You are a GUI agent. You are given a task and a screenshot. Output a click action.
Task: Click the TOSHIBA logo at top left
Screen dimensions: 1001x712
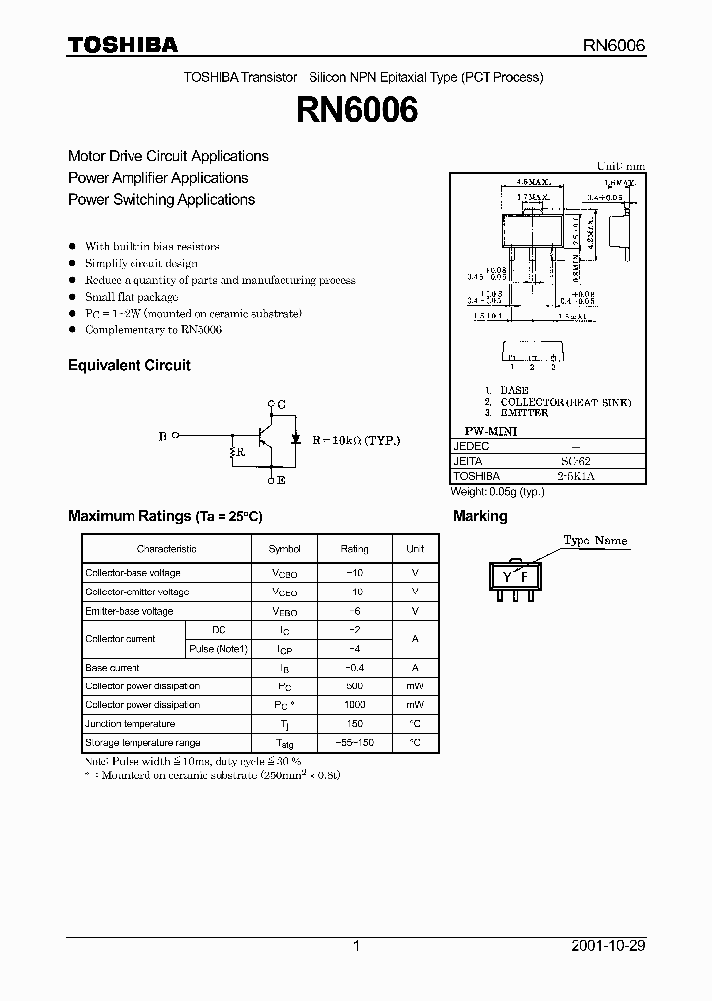(123, 45)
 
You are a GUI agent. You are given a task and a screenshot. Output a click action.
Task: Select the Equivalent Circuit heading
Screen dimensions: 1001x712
(129, 365)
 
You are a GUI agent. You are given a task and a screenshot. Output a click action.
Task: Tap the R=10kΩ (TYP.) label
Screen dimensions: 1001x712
(357, 441)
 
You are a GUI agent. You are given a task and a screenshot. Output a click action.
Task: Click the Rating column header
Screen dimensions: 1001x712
(354, 549)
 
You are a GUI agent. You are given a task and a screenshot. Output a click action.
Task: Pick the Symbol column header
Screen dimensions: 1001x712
(285, 549)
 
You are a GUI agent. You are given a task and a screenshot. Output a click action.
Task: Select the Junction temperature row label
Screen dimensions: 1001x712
(124, 723)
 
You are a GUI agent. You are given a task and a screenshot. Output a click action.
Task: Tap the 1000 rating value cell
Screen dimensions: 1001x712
(354, 704)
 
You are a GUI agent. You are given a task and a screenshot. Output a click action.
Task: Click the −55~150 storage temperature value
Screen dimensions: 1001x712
(354, 742)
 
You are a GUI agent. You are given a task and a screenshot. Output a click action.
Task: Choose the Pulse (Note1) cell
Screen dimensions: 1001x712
(217, 649)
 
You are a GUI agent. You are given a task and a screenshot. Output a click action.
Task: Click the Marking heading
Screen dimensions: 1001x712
(480, 516)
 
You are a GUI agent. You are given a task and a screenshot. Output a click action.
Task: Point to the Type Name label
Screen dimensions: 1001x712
(595, 541)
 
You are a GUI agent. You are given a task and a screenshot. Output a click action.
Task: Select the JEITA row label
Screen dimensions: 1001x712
(467, 461)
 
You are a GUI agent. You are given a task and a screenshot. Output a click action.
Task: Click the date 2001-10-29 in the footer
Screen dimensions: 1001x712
(608, 946)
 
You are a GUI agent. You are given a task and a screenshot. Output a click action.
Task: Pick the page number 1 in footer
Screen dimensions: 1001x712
(356, 946)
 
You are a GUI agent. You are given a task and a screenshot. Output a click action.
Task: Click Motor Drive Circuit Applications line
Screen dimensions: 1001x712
(168, 156)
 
